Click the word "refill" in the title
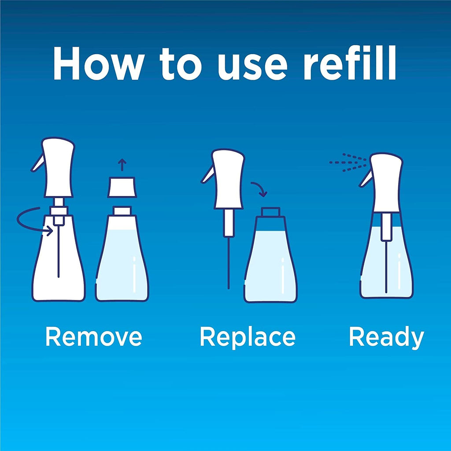pyautogui.click(x=350, y=62)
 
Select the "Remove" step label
pyautogui.click(x=94, y=336)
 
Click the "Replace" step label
pyautogui.click(x=248, y=338)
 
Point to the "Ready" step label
pyautogui.click(x=387, y=338)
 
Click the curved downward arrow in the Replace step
pyautogui.click(x=260, y=189)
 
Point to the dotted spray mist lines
pyautogui.click(x=348, y=163)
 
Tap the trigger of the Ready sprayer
pyautogui.click(x=366, y=178)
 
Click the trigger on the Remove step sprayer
pyautogui.click(x=38, y=163)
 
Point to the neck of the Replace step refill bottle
pyautogui.click(x=270, y=212)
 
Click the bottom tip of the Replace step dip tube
pyautogui.click(x=229, y=288)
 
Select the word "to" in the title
pyautogui.click(x=180, y=64)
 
